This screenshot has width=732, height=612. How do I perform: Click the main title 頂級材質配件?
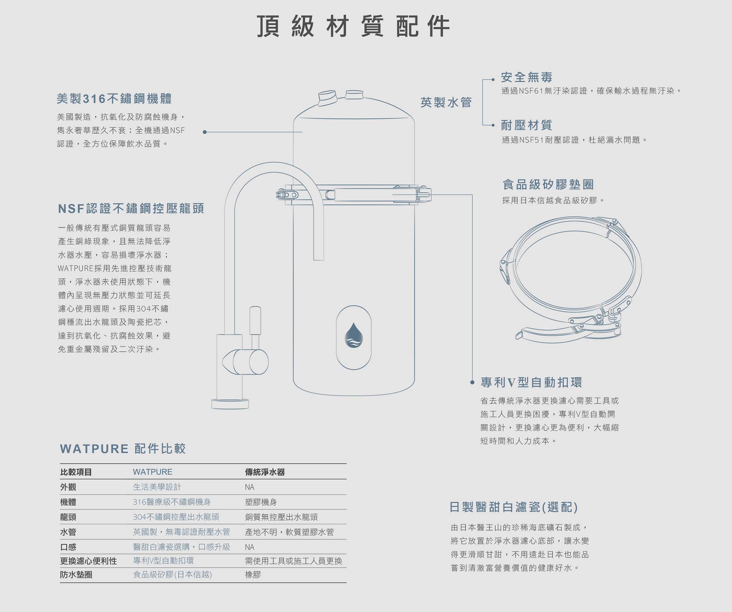click(353, 26)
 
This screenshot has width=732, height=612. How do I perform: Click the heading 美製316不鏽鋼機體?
click(114, 99)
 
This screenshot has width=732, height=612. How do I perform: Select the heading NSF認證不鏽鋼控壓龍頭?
click(131, 209)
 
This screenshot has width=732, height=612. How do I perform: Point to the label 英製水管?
click(446, 102)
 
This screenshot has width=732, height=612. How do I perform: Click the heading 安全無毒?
click(526, 77)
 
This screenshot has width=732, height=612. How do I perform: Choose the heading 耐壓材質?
click(526, 125)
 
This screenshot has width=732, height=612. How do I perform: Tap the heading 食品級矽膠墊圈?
click(548, 184)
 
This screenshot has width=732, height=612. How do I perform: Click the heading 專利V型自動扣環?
click(531, 382)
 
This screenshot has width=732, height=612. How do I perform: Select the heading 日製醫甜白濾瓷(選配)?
click(513, 507)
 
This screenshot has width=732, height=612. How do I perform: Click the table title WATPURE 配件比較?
click(123, 449)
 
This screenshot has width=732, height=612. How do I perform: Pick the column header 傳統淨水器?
click(265, 472)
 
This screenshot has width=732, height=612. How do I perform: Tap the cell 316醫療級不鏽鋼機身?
click(172, 502)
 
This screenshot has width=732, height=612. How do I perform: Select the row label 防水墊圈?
click(76, 575)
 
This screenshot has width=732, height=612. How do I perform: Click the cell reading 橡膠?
click(253, 575)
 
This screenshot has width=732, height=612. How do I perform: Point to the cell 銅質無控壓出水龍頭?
click(281, 517)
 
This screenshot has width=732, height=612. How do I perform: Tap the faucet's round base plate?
click(230, 404)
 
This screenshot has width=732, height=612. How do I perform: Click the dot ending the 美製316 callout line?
click(205, 132)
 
